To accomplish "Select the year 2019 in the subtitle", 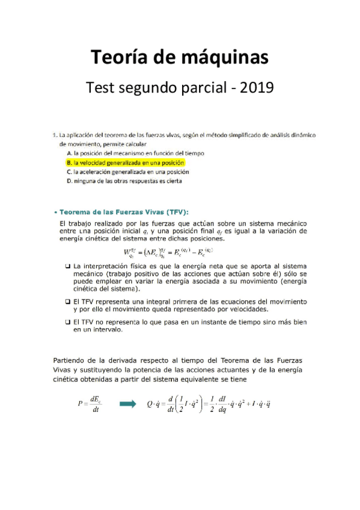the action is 257,88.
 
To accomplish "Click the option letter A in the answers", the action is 69,153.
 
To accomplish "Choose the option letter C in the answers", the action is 69,171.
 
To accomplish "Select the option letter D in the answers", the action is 69,180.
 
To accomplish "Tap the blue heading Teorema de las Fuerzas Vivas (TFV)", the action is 123,211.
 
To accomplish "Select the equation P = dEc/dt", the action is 90,404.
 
